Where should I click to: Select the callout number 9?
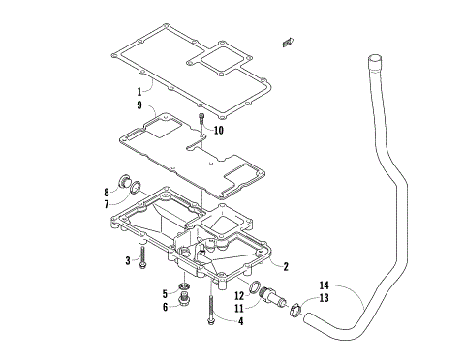139,105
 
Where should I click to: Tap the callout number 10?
219,130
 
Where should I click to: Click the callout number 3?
127,260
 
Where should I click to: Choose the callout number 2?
287,264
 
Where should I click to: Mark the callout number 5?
166,293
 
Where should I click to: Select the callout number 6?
166,307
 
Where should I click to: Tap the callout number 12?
238,295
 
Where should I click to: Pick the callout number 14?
325,286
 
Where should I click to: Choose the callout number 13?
325,298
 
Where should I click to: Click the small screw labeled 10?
200,121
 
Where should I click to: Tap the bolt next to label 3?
142,257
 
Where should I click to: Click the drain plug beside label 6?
184,306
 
